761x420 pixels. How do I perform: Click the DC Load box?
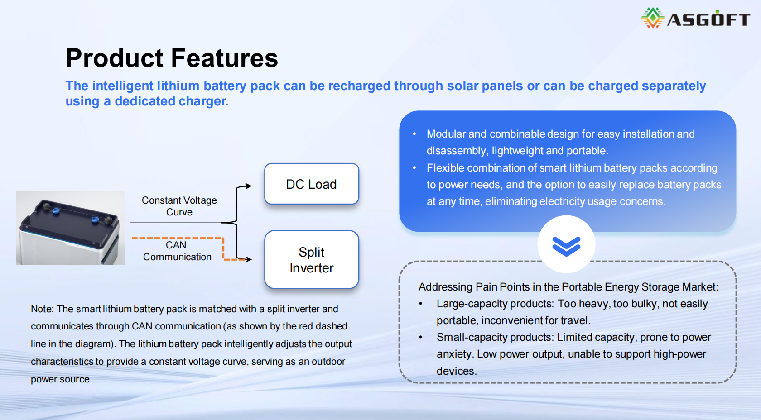[312, 184]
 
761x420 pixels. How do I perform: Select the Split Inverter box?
[312, 260]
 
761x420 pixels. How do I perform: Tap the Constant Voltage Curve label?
[179, 206]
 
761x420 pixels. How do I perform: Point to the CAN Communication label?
[177, 251]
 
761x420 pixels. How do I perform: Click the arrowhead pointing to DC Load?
[248, 186]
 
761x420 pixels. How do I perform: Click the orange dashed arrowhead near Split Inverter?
[248, 259]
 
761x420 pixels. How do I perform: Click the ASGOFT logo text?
[708, 19]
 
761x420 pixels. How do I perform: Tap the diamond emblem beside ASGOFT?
[652, 18]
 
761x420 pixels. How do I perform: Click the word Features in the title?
[225, 58]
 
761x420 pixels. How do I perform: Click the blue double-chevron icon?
[566, 246]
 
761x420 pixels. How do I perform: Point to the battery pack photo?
[71, 228]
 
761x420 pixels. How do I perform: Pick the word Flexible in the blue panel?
[445, 168]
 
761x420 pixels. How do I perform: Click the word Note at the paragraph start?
[41, 309]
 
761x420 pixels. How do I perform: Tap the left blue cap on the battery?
[56, 211]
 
